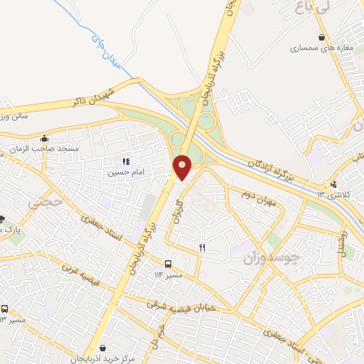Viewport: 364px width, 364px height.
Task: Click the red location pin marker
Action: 183,168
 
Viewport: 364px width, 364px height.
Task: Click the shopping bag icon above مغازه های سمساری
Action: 322,38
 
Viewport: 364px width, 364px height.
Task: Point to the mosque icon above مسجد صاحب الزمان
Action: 45,139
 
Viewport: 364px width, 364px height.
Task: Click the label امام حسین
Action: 122,173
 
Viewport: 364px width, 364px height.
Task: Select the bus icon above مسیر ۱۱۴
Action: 168,262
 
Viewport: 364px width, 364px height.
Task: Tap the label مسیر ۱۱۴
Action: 169,274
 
